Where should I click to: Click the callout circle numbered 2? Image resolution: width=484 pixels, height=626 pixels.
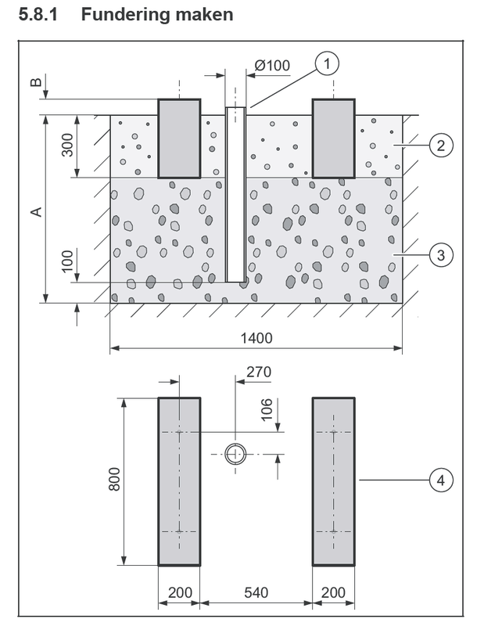(441, 146)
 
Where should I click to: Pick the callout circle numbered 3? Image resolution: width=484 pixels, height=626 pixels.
(441, 254)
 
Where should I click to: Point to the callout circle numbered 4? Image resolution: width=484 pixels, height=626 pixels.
(441, 479)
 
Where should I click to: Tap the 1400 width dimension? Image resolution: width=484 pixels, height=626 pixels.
(256, 338)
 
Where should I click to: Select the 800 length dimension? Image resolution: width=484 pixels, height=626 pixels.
(114, 479)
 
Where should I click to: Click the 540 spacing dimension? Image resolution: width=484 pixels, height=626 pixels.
(256, 593)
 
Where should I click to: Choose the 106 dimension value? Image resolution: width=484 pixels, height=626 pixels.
(267, 408)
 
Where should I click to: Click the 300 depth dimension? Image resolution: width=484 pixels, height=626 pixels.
(68, 146)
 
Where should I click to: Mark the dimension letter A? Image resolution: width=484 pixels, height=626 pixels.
(35, 211)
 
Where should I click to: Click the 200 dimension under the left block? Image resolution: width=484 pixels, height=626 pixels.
(180, 593)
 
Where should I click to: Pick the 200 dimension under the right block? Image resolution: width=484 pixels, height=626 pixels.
(333, 593)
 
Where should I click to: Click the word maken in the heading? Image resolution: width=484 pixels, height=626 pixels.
(204, 15)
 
